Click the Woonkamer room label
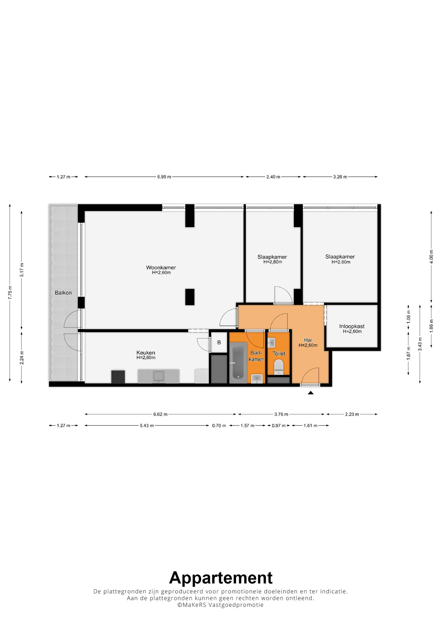(x=161, y=268)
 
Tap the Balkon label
(x=63, y=293)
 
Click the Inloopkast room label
(x=352, y=326)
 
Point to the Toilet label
(x=279, y=353)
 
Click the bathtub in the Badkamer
(x=238, y=362)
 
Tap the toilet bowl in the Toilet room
(x=279, y=367)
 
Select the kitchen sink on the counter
(x=159, y=376)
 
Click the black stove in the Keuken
(x=118, y=377)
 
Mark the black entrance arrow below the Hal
(x=310, y=393)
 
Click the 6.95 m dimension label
(x=164, y=177)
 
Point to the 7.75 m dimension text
(x=10, y=292)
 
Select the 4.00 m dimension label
(x=431, y=257)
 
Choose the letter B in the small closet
(x=219, y=342)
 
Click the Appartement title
(x=220, y=578)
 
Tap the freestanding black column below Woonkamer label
(x=190, y=297)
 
